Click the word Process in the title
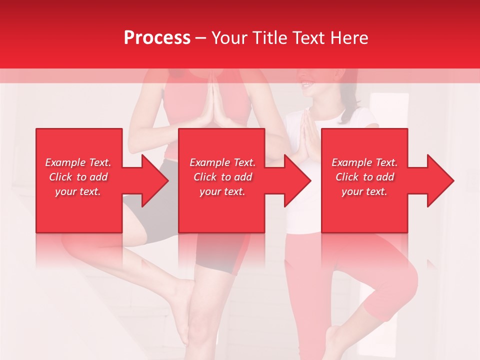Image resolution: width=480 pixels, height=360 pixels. click(157, 38)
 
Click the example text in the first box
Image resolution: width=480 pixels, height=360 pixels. click(78, 177)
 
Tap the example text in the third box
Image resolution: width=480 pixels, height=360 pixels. click(364, 177)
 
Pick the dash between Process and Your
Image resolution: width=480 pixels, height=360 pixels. click(201, 38)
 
